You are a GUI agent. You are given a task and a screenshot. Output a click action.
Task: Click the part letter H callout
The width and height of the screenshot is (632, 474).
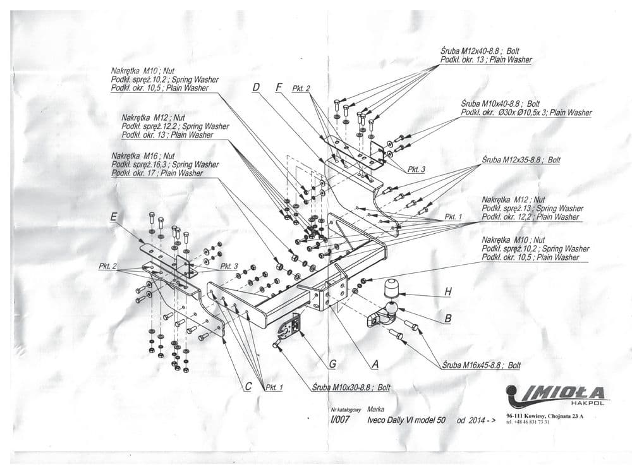tap(448, 292)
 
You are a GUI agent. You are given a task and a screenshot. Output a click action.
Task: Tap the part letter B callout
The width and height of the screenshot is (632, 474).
tap(447, 319)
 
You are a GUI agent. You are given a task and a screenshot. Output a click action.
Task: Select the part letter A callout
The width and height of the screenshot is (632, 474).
tap(375, 364)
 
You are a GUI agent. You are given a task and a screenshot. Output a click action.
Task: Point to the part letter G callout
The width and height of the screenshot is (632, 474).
tap(332, 364)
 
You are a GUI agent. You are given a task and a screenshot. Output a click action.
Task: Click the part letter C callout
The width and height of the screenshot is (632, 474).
tap(248, 387)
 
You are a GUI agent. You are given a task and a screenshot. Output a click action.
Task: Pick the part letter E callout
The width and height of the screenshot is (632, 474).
tap(114, 217)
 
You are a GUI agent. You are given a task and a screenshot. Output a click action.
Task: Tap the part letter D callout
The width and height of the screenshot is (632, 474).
tap(256, 88)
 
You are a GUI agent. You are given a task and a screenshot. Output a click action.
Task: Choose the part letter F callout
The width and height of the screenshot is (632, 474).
tap(279, 88)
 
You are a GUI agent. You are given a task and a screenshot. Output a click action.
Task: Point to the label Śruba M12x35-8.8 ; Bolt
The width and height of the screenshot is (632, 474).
tap(521, 161)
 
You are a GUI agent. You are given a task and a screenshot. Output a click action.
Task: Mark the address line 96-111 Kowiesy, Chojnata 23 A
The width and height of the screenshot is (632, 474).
tap(545, 416)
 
